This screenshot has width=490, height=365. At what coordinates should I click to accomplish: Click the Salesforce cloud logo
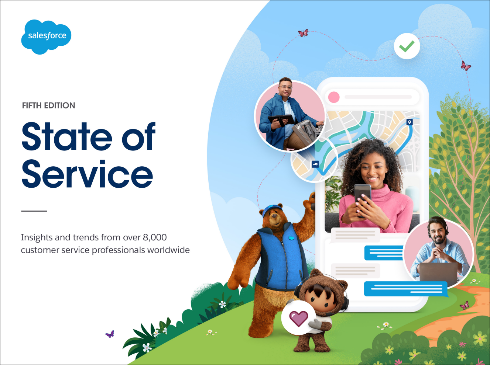tap(46, 37)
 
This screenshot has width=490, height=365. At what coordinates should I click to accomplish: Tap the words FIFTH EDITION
tap(48, 105)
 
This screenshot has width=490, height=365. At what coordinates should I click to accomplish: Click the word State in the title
tap(67, 136)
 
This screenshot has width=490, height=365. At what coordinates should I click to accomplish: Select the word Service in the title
tap(87, 174)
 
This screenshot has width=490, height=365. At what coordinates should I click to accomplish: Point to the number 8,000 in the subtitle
tap(155, 237)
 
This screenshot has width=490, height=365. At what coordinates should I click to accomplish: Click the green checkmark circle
tap(407, 46)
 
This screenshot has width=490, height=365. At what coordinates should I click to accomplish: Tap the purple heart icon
tap(299, 318)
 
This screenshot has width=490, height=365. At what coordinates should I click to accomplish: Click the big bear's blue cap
tap(272, 210)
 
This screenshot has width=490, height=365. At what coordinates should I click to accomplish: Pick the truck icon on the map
tap(315, 164)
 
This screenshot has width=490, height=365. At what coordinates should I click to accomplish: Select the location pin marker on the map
tap(410, 122)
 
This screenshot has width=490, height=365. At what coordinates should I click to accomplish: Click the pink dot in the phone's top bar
tap(334, 97)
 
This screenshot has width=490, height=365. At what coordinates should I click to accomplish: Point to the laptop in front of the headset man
tap(438, 272)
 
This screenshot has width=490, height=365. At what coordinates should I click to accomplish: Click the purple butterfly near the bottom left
tap(110, 334)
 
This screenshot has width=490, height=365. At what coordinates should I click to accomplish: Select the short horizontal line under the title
tap(34, 211)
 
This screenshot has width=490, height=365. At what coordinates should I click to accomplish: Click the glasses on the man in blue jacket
tap(285, 87)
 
